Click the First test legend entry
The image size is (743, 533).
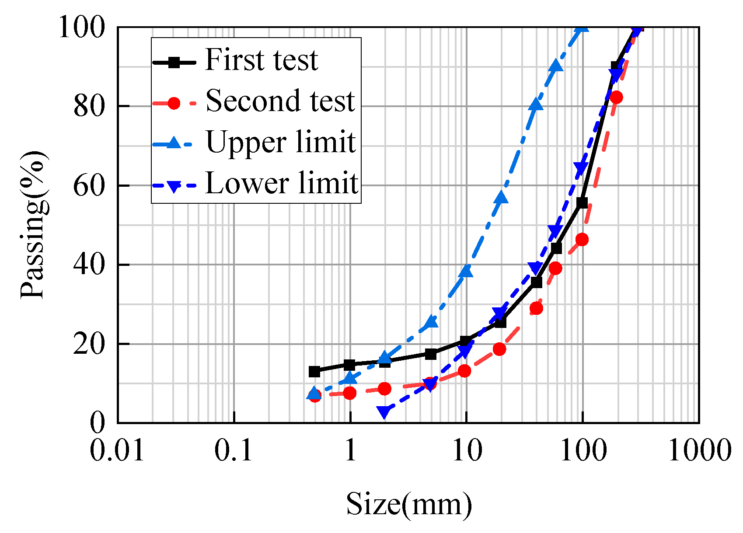pos(261,60)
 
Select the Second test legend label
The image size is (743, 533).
pos(280,101)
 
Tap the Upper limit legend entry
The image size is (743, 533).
pos(281,142)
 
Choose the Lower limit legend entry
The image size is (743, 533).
pos(282,183)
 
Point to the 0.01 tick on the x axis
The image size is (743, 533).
pos(117,450)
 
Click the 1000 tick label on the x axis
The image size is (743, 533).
pos(699,450)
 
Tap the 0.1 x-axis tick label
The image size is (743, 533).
pos(234,450)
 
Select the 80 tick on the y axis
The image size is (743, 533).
pos(89,106)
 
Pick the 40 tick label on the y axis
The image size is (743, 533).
pos(89,265)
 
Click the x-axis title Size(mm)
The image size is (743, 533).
pos(409,504)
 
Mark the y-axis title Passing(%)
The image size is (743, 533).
pos(33,225)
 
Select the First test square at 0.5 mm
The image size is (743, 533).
pos(314,372)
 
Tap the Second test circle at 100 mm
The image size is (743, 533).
pos(582,240)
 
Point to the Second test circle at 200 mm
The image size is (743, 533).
pos(617,98)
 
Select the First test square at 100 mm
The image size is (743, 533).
pos(582,203)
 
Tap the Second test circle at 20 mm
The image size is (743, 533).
pos(499,349)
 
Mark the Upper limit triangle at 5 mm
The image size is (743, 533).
pos(431,322)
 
